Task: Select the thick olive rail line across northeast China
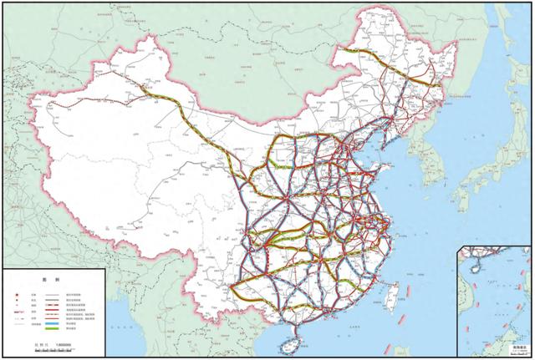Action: pyautogui.click(x=393, y=70)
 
